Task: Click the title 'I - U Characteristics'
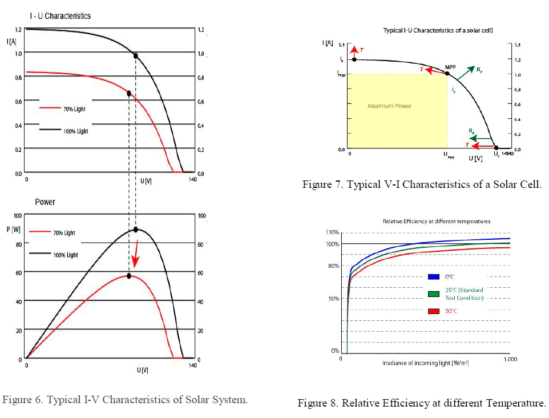(60, 16)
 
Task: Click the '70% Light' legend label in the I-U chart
(74, 108)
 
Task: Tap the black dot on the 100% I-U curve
(135, 55)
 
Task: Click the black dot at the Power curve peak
(136, 229)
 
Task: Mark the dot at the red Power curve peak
(129, 276)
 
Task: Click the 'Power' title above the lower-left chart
(45, 202)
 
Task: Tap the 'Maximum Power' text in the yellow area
(389, 106)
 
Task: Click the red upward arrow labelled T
(354, 50)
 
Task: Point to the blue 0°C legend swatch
(433, 277)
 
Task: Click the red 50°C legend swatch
(433, 311)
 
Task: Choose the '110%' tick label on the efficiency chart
(332, 232)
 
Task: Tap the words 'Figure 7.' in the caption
(322, 184)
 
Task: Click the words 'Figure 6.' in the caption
(22, 399)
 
